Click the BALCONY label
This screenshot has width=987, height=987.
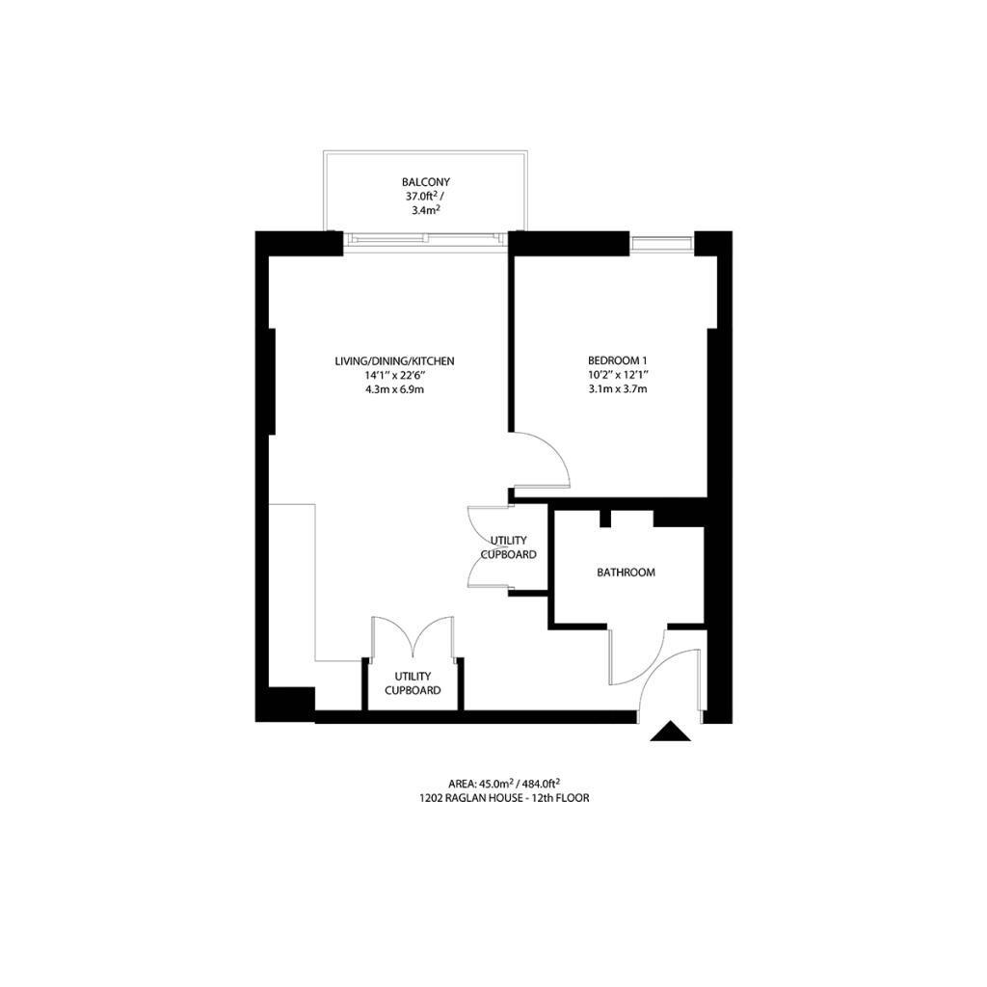tap(426, 182)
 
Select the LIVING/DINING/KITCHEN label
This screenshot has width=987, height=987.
tap(394, 361)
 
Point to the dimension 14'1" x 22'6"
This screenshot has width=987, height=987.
tap(394, 375)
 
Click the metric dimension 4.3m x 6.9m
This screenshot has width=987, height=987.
tap(394, 389)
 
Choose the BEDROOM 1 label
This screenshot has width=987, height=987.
tap(618, 360)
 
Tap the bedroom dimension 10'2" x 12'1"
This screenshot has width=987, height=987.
tap(618, 375)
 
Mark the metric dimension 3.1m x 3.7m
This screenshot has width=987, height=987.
tap(618, 388)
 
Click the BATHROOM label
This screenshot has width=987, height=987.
tap(626, 573)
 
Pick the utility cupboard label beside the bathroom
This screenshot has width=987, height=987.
tap(509, 547)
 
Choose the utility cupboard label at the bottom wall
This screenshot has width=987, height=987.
tap(413, 683)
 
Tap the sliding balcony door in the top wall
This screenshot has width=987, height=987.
tap(425, 241)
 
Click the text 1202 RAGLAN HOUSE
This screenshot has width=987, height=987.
tap(471, 798)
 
